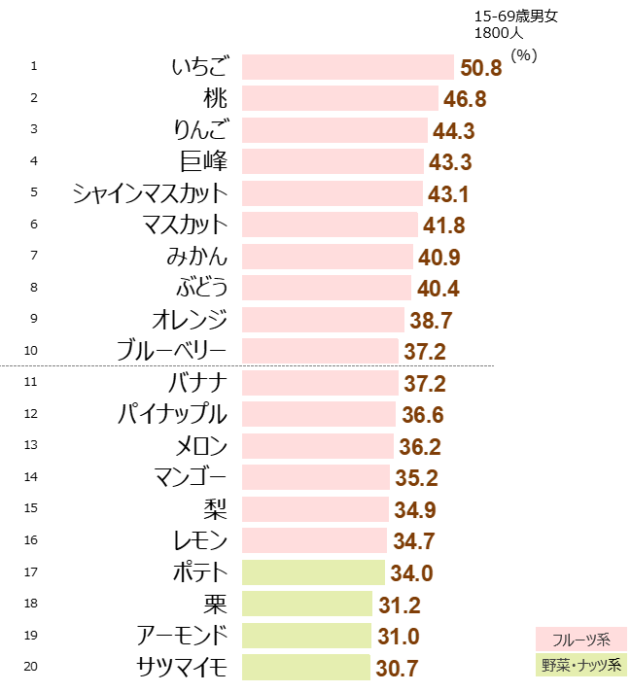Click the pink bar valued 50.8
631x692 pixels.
pyautogui.click(x=348, y=67)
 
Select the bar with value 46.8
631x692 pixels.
pyautogui.click(x=340, y=98)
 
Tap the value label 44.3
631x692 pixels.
pyautogui.click(x=453, y=131)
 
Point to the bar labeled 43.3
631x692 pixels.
pyautogui.click(x=333, y=161)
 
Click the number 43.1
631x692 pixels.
pyautogui.click(x=448, y=193)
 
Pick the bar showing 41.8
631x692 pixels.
pyautogui.click(x=331, y=225)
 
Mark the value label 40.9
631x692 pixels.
pyautogui.click(x=438, y=258)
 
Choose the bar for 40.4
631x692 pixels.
pyautogui.click(x=327, y=288)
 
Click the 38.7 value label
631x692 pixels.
pyautogui.click(x=431, y=321)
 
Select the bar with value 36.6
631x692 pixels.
pyautogui.click(x=319, y=414)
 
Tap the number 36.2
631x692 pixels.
pyautogui.click(x=420, y=447)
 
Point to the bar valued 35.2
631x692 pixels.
pyautogui.click(x=316, y=477)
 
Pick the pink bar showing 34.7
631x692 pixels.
pyautogui.click(x=315, y=540)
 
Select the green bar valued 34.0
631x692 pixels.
pyautogui.click(x=314, y=572)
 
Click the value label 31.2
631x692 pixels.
pyautogui.click(x=400, y=605)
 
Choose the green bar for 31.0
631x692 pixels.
pyautogui.click(x=307, y=636)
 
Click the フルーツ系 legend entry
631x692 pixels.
pyautogui.click(x=580, y=640)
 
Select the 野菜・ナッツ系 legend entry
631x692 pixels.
pyautogui.click(x=580, y=665)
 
